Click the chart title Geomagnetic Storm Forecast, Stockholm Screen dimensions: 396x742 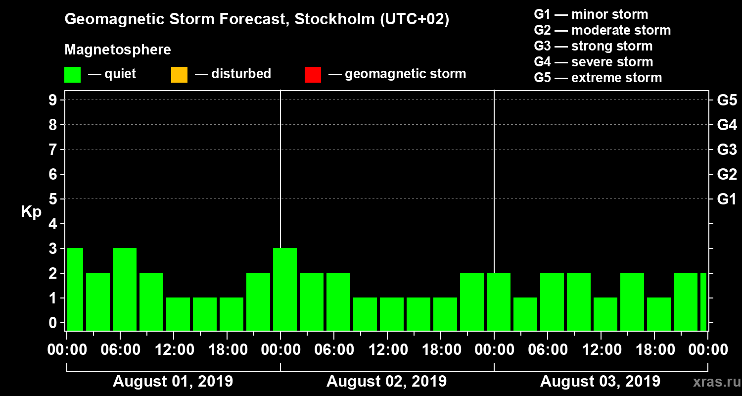pos(257,20)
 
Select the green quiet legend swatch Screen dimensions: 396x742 pos(72,75)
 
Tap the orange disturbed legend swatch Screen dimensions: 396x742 pos(179,75)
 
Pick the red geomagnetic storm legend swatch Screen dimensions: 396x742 pos(313,75)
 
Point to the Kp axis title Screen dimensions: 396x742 pos(31,212)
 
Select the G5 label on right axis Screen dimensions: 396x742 pos(727,100)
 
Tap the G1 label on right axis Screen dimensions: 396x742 pos(727,199)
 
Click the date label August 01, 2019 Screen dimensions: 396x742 pos(173,382)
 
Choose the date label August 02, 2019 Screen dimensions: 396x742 pos(386,382)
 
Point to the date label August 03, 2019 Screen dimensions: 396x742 pos(600,382)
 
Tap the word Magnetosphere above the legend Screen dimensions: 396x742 pos(118,50)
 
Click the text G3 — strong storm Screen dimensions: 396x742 pos(593,46)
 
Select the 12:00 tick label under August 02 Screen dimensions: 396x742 pos(387,350)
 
